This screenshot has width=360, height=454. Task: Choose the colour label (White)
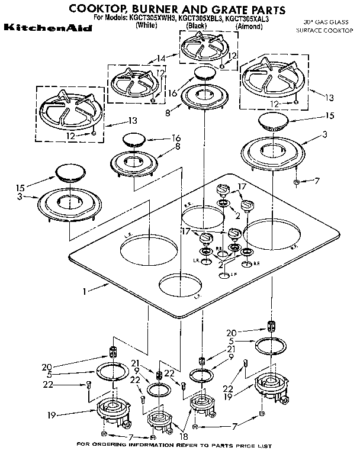pos(146,27)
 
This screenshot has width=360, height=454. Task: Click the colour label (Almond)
pos(248,27)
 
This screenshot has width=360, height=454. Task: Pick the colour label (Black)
pos(196,27)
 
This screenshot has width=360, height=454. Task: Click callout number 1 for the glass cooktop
pos(86,290)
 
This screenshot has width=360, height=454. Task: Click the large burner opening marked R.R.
pos(204,217)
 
